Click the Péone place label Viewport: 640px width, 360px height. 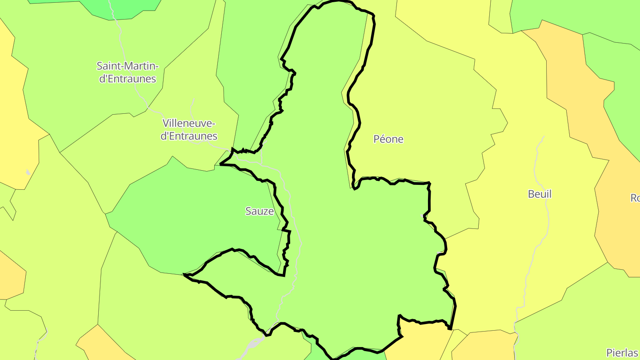pos(388,139)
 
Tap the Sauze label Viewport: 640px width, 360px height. pos(260,211)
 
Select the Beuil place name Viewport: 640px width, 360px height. pos(540,194)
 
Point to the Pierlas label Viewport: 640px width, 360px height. pos(622,352)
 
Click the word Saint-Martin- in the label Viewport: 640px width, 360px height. pos(128,66)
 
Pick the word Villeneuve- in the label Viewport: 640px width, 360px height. pos(189,123)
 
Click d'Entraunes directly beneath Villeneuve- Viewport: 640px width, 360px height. pos(189,136)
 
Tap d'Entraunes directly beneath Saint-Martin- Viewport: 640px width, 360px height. pos(128,79)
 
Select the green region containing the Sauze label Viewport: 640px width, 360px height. pos(196,213)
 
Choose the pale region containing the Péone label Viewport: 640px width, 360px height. pos(422,111)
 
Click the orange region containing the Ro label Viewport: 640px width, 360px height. pos(618,222)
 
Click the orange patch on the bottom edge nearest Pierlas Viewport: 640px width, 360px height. pos(484,347)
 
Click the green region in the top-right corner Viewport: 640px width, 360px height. pos(578,13)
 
